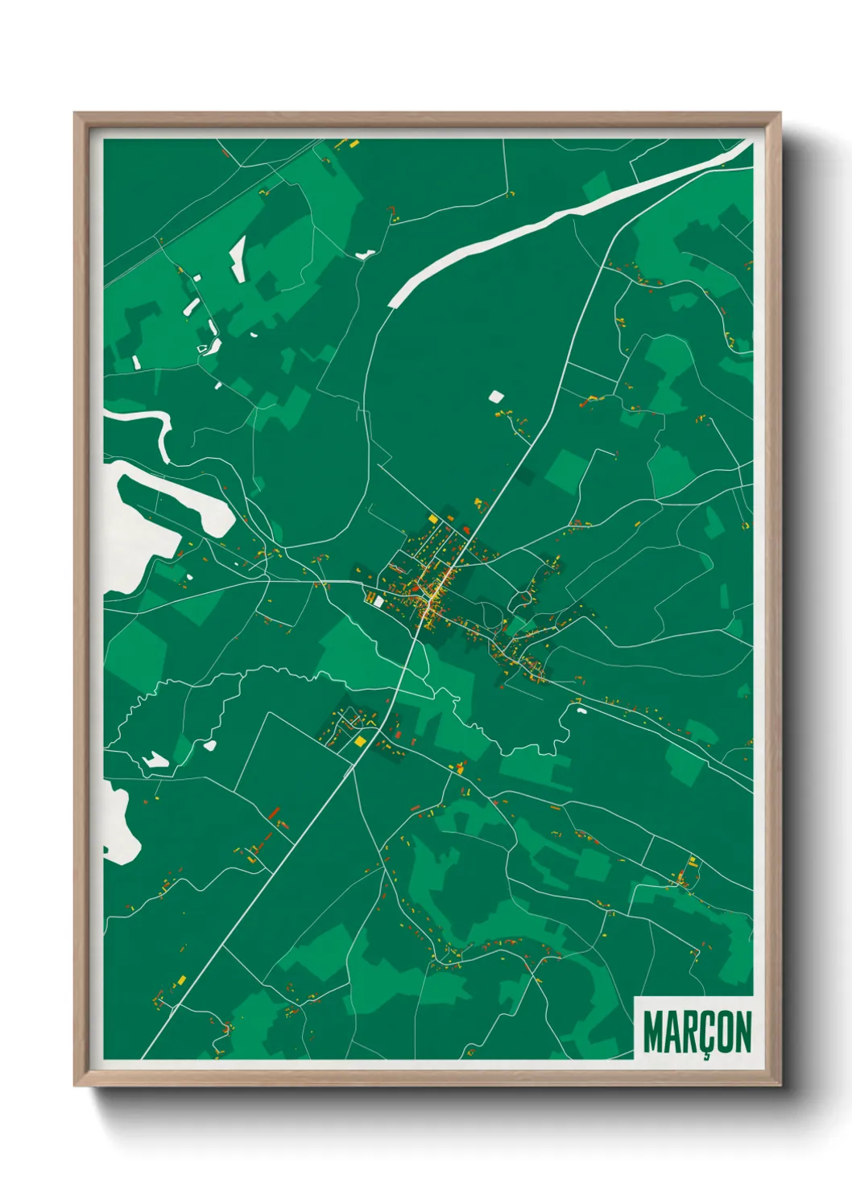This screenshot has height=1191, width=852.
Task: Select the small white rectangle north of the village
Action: pyautogui.click(x=496, y=396)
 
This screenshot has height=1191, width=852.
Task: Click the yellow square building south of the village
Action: pyautogui.click(x=361, y=740)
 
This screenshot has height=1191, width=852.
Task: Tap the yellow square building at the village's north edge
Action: pyautogui.click(x=432, y=519)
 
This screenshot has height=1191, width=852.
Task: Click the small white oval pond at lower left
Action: pyautogui.click(x=210, y=745)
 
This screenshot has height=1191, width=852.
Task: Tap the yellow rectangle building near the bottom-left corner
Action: pyautogui.click(x=181, y=979)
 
